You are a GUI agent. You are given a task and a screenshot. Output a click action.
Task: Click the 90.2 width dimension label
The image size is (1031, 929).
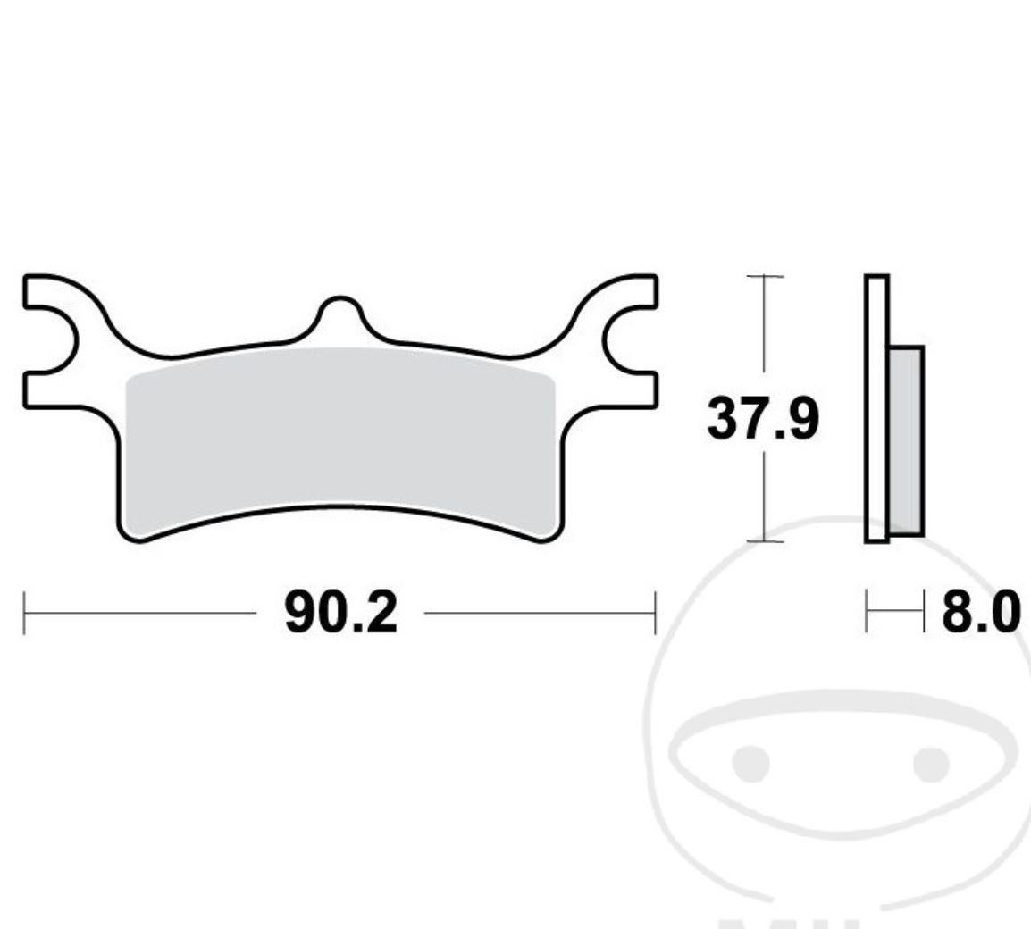(340, 613)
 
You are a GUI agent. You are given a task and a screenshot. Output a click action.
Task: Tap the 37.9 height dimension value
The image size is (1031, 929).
(763, 418)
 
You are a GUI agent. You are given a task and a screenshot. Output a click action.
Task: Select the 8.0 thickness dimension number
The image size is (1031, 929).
(981, 612)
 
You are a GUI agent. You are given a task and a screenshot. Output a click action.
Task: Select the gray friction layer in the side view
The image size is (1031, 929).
(907, 440)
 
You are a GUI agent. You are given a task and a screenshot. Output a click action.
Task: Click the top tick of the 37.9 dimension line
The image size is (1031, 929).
(765, 276)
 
